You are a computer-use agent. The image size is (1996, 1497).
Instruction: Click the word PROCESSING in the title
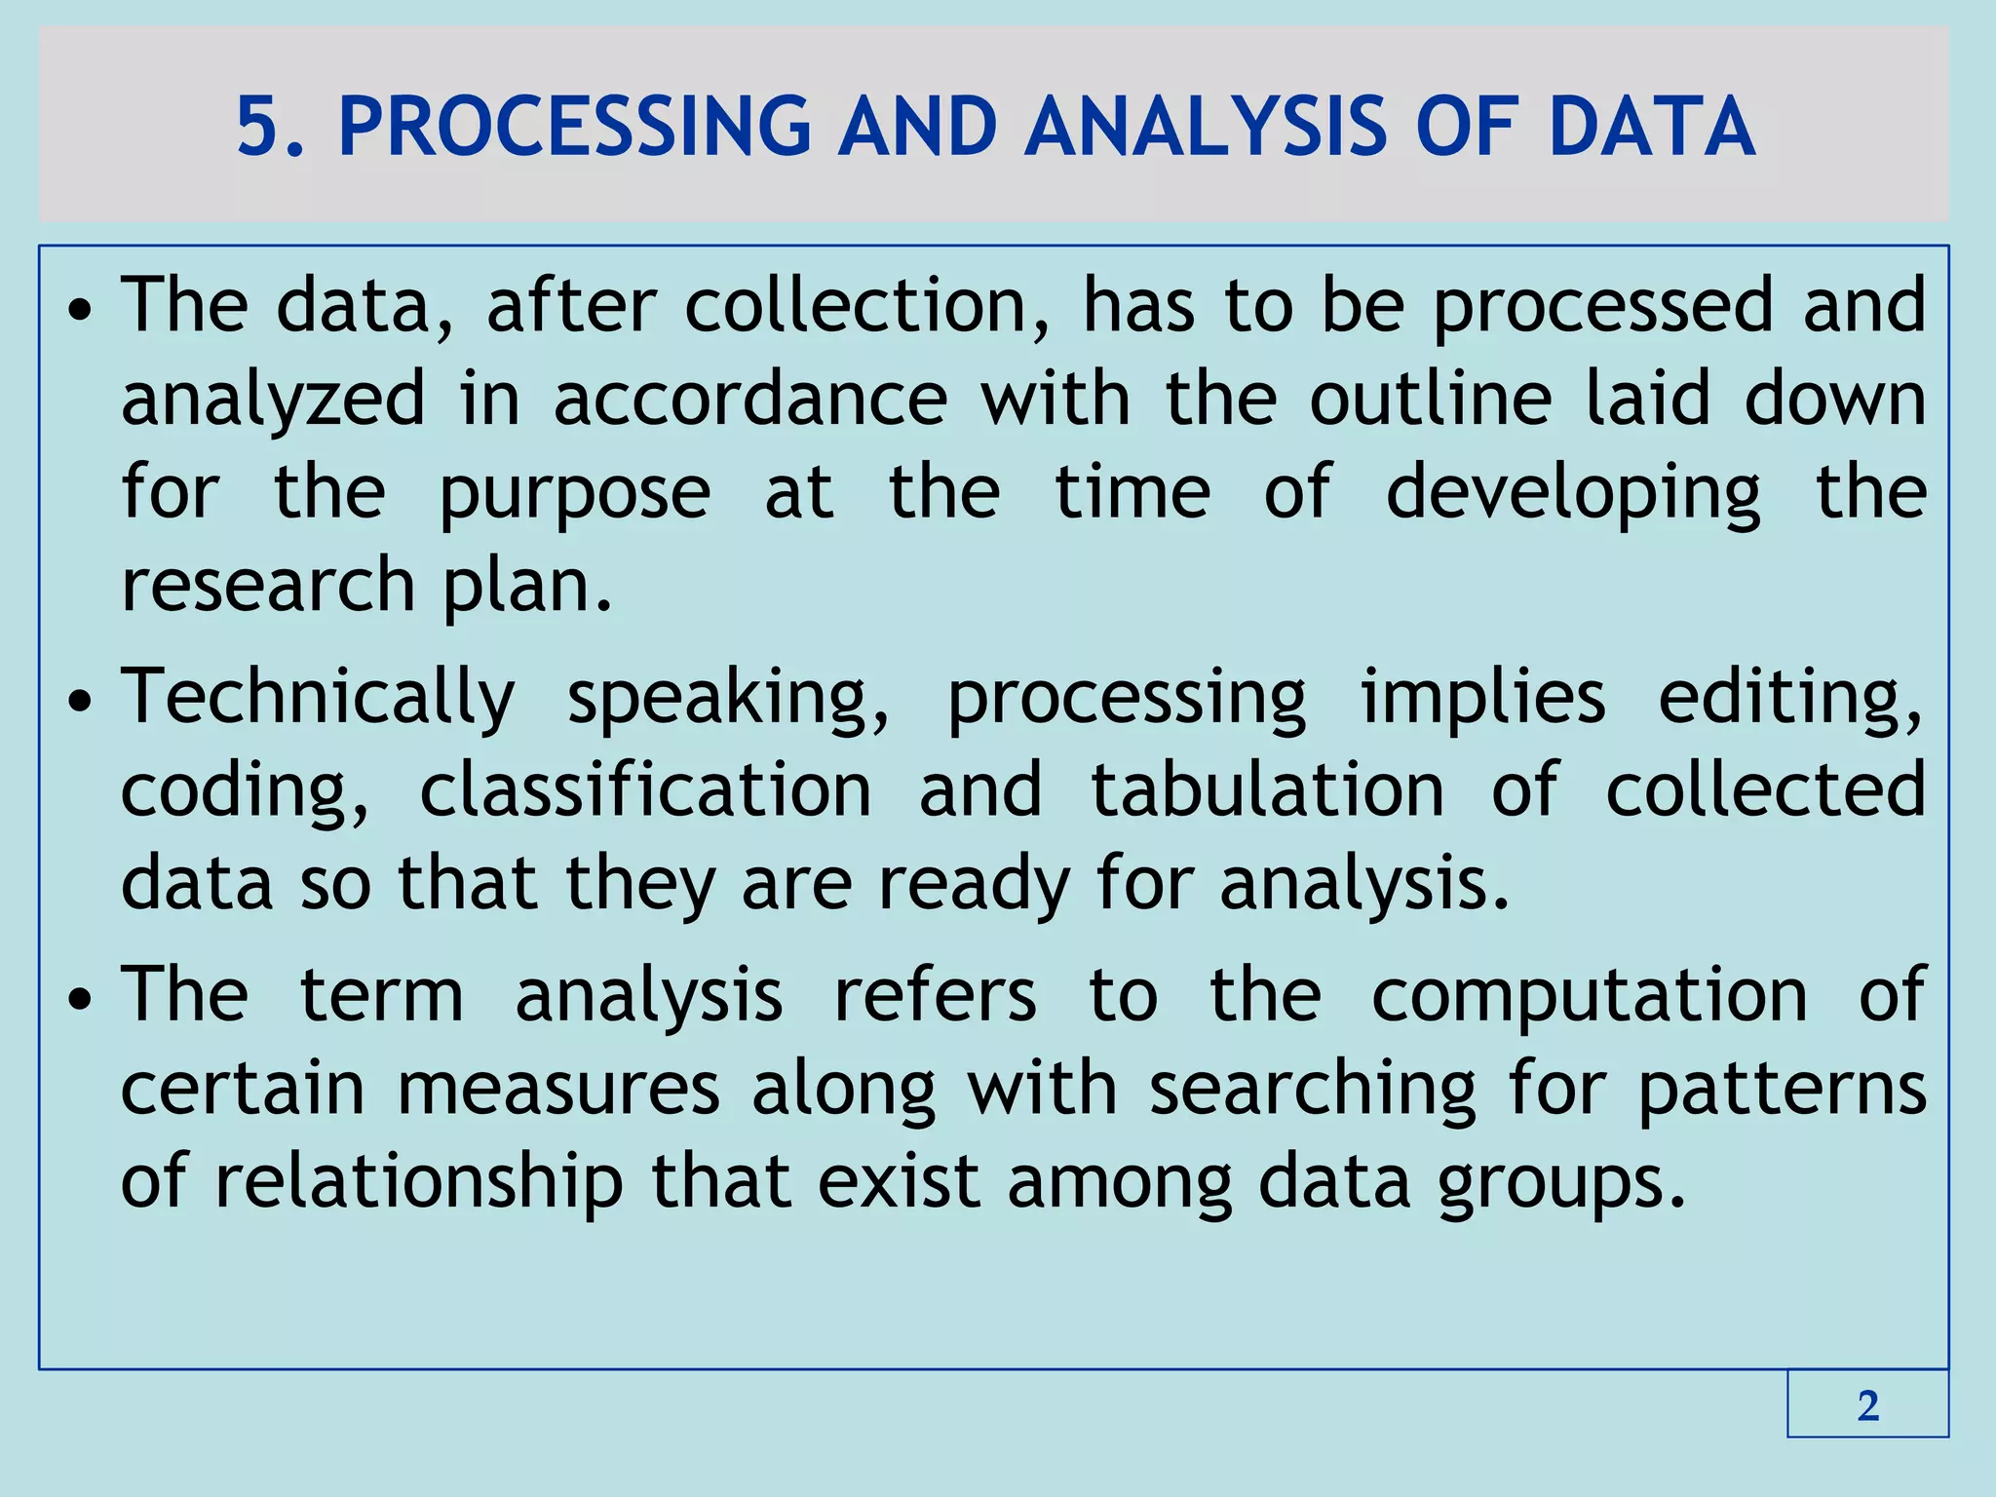pos(574,127)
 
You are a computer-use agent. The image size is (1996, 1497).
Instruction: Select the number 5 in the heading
pos(258,127)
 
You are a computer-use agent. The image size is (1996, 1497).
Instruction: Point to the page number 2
pos(1867,1405)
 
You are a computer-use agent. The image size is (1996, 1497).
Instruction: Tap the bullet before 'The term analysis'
pos(81,999)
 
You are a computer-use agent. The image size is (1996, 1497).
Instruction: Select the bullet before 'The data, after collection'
pos(81,310)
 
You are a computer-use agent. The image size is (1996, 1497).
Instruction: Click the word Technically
pos(318,697)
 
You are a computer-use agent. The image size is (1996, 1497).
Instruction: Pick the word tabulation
pos(1267,789)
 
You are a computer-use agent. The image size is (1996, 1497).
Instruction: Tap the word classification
pos(645,789)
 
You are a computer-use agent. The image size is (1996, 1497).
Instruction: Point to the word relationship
pos(418,1182)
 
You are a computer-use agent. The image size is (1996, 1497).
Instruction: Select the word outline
pos(1430,398)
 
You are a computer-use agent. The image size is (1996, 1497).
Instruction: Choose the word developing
pos(1573,493)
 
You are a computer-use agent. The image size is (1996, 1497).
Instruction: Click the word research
pos(268,585)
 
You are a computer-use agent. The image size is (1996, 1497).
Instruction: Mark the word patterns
pos(1782,1090)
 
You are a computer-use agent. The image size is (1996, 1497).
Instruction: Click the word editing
pos(1790,699)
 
